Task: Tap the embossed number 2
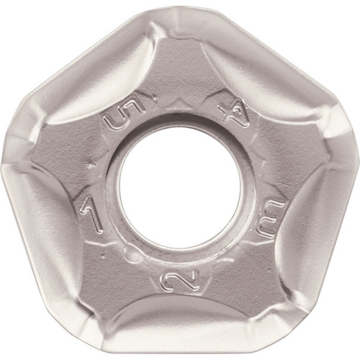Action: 179,279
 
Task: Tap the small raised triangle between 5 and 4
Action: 181,103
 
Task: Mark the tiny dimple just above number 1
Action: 91,166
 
